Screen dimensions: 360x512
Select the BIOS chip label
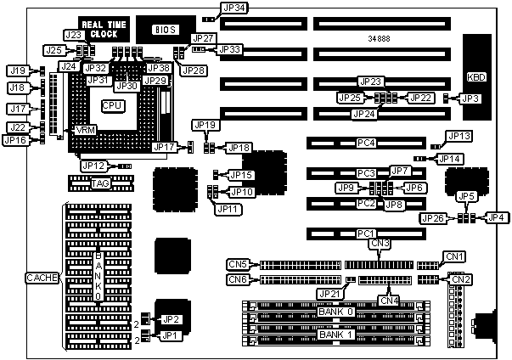tap(164, 30)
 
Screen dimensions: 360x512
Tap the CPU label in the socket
tap(112, 105)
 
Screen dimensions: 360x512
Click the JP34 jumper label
tap(233, 8)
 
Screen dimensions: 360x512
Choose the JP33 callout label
tap(230, 49)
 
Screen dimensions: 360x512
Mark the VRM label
tap(86, 131)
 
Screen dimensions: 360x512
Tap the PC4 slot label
tap(366, 143)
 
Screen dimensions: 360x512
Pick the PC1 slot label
tap(366, 233)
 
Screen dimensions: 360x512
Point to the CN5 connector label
tap(239, 264)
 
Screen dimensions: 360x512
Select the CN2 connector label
tap(459, 279)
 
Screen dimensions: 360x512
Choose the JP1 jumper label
tap(171, 335)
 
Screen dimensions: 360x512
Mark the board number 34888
tap(380, 38)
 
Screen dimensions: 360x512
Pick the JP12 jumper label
tap(93, 166)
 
